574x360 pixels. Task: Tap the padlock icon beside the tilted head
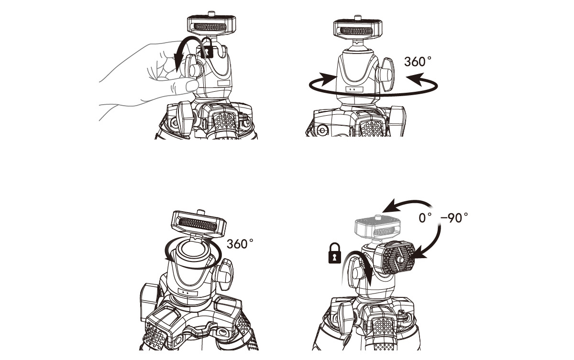click(335, 253)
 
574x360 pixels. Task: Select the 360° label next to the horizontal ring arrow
click(418, 62)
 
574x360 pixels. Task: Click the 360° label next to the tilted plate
click(240, 244)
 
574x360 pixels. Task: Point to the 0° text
click(425, 218)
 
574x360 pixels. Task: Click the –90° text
click(454, 218)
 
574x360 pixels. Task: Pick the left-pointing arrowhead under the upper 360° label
click(415, 80)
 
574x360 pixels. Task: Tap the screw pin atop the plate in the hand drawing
click(211, 13)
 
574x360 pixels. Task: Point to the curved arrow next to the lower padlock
click(358, 266)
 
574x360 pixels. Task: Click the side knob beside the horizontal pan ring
click(385, 74)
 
